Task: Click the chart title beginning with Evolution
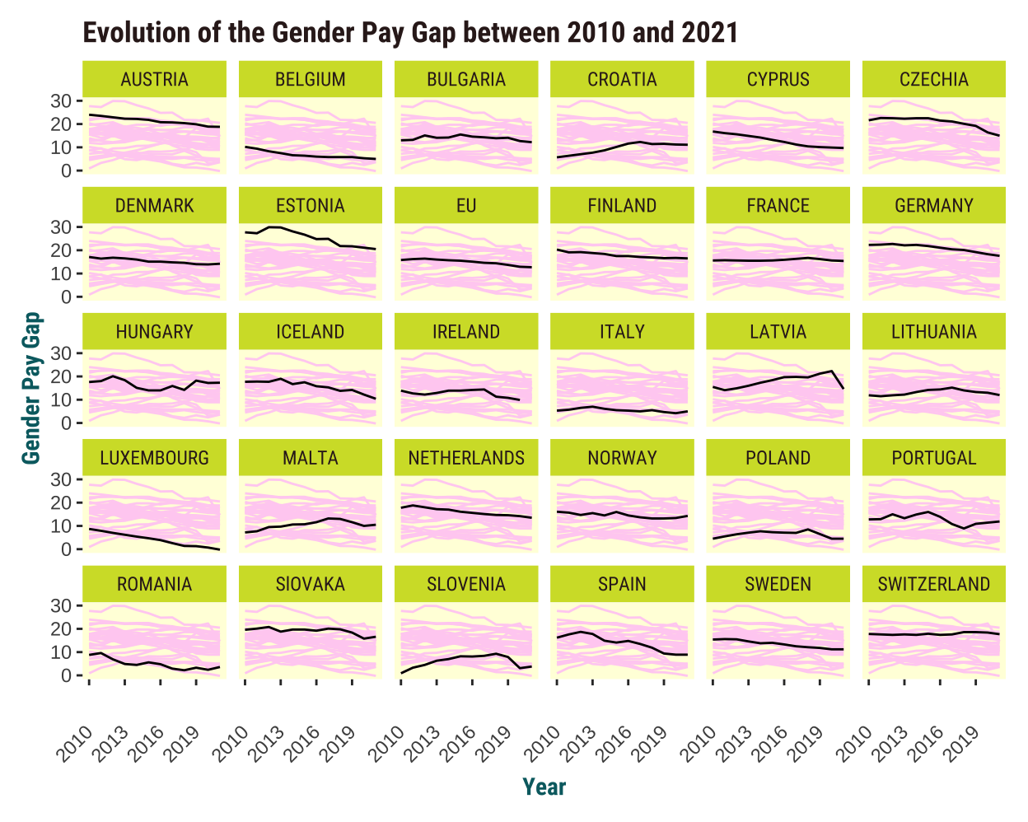click(409, 33)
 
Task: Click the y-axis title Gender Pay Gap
click(31, 387)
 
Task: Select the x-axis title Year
click(544, 787)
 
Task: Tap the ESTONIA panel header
click(310, 206)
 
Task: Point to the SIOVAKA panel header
click(310, 585)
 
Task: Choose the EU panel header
click(466, 206)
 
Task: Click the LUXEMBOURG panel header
click(154, 459)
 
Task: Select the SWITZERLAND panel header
click(933, 585)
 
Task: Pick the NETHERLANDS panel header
click(466, 459)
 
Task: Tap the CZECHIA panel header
click(933, 80)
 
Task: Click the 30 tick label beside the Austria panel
click(62, 101)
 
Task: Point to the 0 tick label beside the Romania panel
click(68, 676)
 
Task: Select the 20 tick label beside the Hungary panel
click(62, 377)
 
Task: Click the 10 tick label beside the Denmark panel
click(62, 274)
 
